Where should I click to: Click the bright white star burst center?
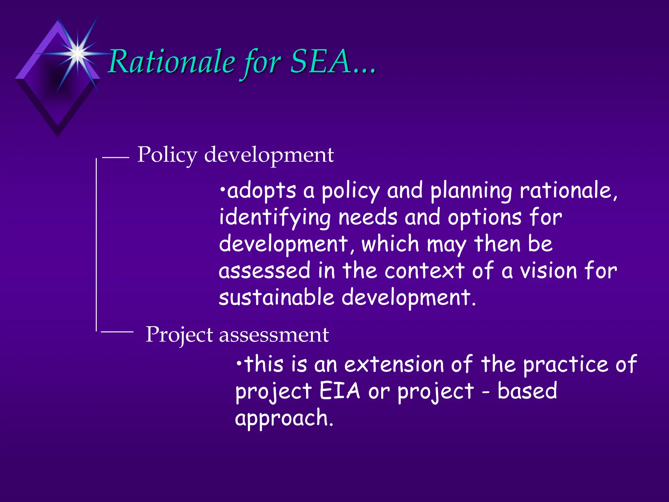point(78,53)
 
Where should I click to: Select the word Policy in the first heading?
point(167,155)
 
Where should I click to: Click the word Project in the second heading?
point(179,335)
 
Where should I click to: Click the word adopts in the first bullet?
point(261,191)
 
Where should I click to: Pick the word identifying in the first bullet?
point(275,218)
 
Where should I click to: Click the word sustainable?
point(276,297)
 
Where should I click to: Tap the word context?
point(424,271)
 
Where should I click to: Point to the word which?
point(390,244)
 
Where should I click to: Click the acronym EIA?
point(339,391)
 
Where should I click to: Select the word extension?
point(394,364)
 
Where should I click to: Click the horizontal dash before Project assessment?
point(117,332)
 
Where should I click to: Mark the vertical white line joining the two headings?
point(96,245)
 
